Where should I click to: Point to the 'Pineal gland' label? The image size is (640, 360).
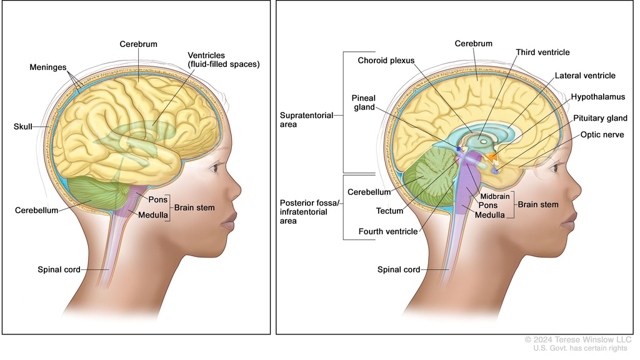pyautogui.click(x=363, y=102)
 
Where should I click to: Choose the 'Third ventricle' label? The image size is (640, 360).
pyautogui.click(x=542, y=52)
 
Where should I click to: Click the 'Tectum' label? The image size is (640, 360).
pyautogui.click(x=389, y=211)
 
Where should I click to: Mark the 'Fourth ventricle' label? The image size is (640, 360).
pyautogui.click(x=387, y=231)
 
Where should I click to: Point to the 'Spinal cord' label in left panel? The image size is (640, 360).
pyautogui.click(x=58, y=269)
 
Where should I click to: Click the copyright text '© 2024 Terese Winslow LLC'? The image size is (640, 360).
pyautogui.click(x=578, y=339)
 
